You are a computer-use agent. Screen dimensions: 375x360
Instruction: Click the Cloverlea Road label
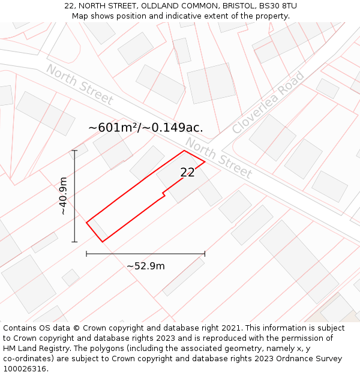point(268,103)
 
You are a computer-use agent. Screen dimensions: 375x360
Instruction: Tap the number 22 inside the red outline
point(187,173)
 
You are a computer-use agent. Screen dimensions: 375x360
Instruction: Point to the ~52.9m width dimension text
point(145,266)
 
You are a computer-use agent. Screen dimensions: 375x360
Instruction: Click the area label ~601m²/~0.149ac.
point(146,128)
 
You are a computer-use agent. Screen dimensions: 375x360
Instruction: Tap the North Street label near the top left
point(79,85)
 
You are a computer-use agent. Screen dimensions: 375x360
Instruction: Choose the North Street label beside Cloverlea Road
point(218,158)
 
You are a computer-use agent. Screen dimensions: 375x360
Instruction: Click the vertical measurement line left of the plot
point(74,196)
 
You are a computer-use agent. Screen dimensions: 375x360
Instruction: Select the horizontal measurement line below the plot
point(145,254)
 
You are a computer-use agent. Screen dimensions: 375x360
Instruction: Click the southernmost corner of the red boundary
point(103,242)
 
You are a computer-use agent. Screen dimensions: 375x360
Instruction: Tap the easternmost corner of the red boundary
point(205,161)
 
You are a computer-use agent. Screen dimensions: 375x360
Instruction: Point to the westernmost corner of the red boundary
point(86,223)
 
